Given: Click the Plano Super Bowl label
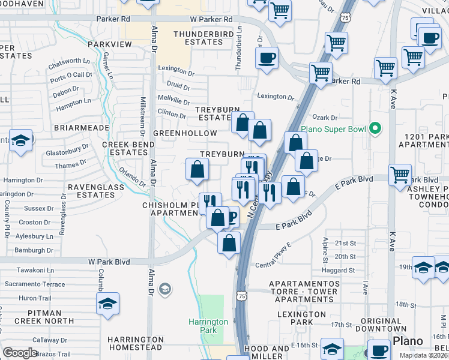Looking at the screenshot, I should click(x=334, y=129).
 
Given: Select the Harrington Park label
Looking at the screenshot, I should click(x=208, y=326).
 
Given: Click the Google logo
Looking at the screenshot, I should click(x=20, y=353).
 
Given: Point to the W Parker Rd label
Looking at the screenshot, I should click(x=211, y=19).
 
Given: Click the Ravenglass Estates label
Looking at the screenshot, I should click(x=95, y=191).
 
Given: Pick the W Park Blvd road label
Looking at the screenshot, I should click(x=109, y=262).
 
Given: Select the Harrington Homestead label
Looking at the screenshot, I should click(x=135, y=343).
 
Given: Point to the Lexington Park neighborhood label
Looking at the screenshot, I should click(x=301, y=318).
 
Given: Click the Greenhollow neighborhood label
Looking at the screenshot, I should click(x=184, y=133).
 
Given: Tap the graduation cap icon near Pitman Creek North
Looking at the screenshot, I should click(x=107, y=304).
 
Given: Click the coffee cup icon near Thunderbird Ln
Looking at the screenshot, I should click(x=267, y=58).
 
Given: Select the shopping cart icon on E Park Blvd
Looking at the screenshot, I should click(x=400, y=175).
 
